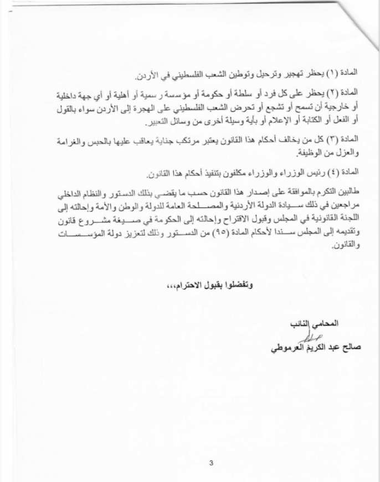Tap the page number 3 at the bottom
211,463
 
